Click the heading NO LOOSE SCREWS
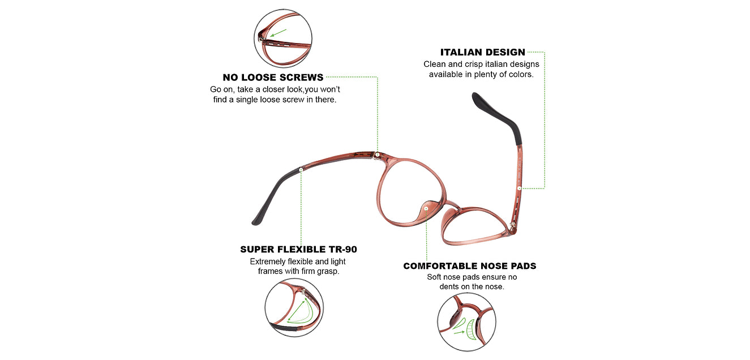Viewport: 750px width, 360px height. click(x=273, y=78)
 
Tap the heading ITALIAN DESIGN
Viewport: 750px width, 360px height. click(x=482, y=52)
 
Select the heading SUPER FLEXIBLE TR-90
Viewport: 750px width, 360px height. click(x=298, y=249)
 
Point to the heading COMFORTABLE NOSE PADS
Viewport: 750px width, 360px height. click(x=469, y=266)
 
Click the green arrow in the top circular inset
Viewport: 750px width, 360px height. click(x=278, y=33)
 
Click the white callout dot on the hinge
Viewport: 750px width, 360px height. click(x=378, y=155)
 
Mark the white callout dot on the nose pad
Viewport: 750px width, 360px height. click(x=426, y=208)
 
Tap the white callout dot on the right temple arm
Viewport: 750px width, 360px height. click(x=519, y=188)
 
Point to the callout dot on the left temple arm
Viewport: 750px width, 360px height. click(x=301, y=170)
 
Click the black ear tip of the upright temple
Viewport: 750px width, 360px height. click(x=499, y=116)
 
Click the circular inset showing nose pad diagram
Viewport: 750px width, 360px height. click(x=466, y=322)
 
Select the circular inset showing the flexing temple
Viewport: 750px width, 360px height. click(x=294, y=307)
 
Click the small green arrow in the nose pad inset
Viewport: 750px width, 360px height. click(x=458, y=332)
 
